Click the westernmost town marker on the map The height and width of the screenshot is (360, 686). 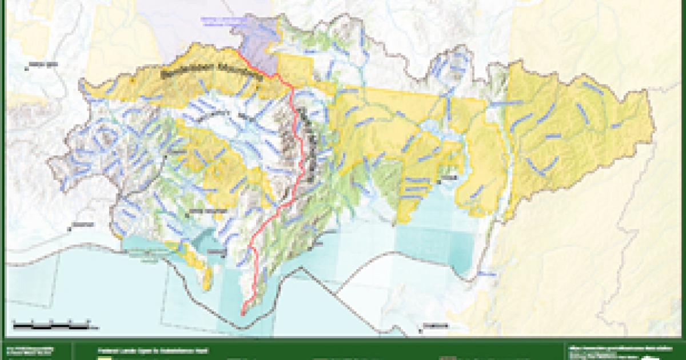click(x=26, y=68)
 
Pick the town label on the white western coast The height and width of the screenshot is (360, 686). click(x=80, y=225)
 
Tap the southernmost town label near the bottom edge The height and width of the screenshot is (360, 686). click(x=434, y=326)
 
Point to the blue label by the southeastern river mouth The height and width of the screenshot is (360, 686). click(x=486, y=275)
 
